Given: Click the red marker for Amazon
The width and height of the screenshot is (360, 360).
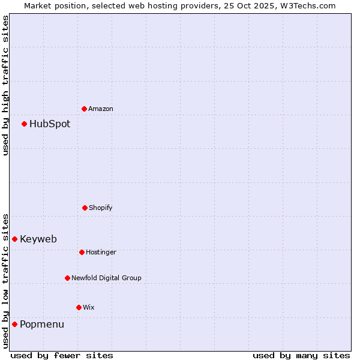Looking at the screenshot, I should point(84,109).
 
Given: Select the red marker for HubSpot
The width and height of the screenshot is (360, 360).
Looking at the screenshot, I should point(24,124).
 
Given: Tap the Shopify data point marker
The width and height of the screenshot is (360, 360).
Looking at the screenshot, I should point(85,208).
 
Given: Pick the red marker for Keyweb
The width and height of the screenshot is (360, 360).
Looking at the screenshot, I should point(14,239).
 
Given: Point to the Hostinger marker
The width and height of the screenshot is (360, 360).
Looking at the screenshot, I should point(82,252).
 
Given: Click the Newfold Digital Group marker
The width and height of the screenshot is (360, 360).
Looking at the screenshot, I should point(67,278).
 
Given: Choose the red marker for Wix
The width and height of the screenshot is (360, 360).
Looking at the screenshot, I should point(79,307).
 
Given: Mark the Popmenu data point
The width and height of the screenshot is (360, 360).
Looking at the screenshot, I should point(14,324).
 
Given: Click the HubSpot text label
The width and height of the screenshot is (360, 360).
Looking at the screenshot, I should point(50,124).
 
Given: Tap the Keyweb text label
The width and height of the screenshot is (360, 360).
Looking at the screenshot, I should point(38,239).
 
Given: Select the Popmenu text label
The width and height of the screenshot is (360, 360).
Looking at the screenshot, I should point(42,325).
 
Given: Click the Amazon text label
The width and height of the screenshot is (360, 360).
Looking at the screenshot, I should point(101,109).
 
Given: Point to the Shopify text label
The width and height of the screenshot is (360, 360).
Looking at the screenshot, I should point(101,208).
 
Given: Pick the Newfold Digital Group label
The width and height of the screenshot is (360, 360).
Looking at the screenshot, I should point(106,278).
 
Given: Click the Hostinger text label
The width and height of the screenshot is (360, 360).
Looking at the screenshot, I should point(101,253).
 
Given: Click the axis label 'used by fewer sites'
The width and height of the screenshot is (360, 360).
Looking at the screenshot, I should point(62,355).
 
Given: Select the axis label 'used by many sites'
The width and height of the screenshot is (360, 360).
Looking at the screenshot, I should point(301,355).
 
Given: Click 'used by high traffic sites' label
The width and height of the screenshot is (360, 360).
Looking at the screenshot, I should point(5,85).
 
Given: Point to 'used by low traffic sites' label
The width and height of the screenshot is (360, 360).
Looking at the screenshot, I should point(5,280).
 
